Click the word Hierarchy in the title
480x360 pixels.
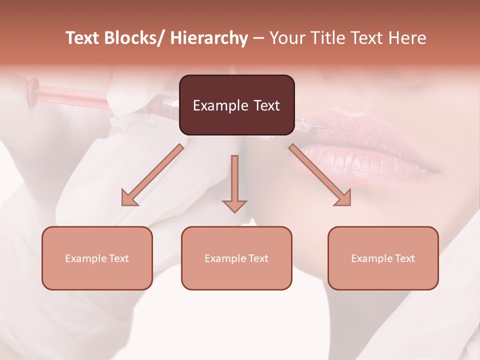[209, 38]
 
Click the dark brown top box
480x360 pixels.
[236, 105]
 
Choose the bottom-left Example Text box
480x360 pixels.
[97, 258]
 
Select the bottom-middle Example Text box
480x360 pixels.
[236, 258]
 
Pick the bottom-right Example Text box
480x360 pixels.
[383, 258]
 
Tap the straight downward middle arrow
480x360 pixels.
[234, 180]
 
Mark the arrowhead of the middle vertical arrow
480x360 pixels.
[234, 206]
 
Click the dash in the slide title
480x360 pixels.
[258, 38]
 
